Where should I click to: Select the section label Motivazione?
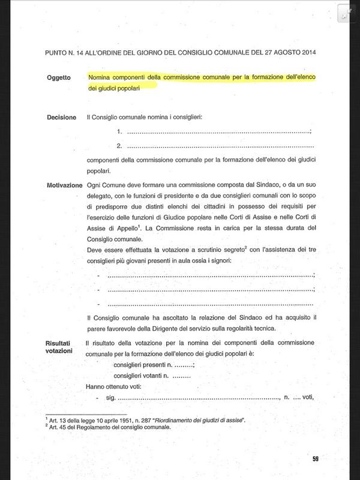click(x=64, y=185)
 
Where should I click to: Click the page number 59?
click(x=316, y=460)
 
